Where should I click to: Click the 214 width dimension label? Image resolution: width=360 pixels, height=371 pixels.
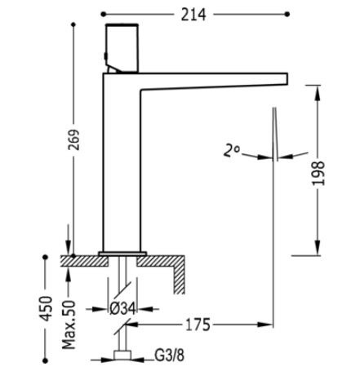point(193,15)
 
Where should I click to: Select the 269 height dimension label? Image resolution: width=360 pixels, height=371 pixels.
point(73,139)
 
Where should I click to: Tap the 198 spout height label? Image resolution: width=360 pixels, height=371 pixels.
point(318,174)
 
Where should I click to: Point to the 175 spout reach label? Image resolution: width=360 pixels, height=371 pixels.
point(198,325)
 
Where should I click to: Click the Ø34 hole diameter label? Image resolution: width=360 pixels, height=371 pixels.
point(122,309)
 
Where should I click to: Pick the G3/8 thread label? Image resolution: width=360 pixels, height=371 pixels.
point(169,355)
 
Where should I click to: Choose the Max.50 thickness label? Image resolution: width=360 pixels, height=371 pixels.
point(69,325)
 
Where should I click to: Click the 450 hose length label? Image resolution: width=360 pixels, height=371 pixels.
point(46,308)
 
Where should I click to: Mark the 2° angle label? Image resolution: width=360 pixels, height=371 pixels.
point(231,151)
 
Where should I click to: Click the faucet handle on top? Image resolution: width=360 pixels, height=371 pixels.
point(122,48)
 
